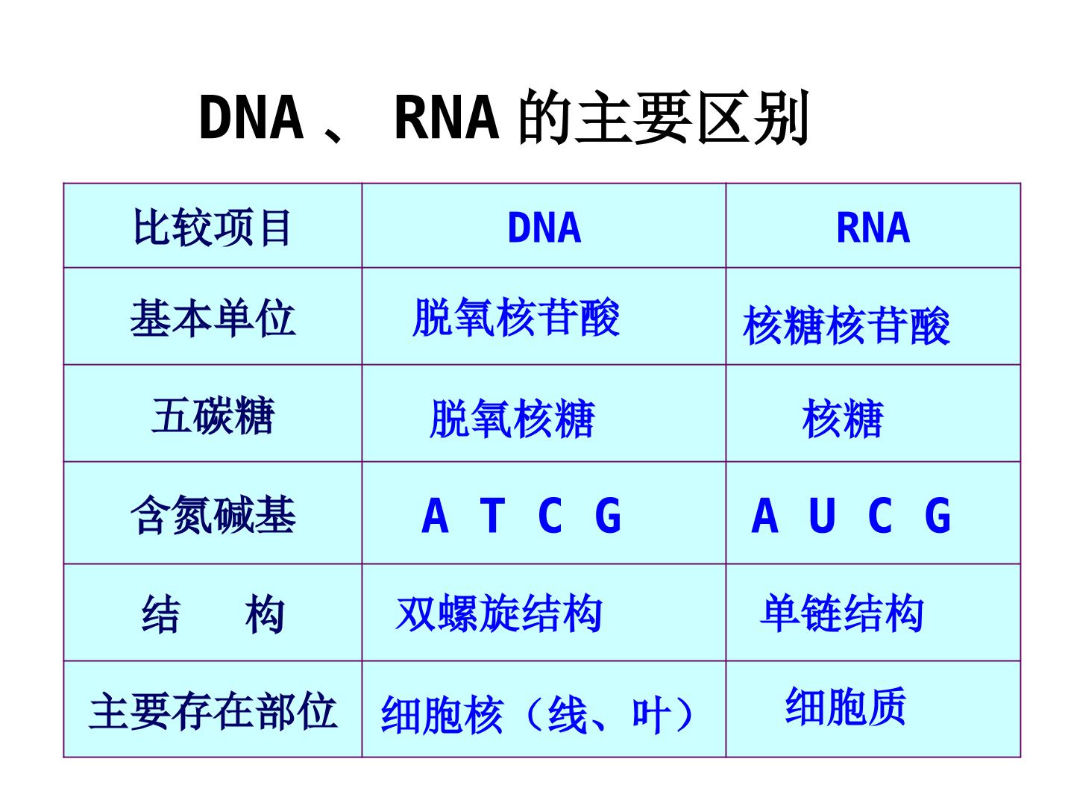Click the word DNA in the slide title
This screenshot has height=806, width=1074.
point(251,117)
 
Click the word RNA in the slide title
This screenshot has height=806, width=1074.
point(446,117)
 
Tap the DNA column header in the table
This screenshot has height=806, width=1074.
point(544,228)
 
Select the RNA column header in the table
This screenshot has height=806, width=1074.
point(873,228)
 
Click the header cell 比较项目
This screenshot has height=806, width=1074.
point(213,228)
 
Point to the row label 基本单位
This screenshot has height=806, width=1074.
point(213,318)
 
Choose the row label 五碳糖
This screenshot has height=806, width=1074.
point(213,416)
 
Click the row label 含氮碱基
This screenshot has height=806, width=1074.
point(213,514)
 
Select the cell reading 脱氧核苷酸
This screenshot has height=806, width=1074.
point(515,317)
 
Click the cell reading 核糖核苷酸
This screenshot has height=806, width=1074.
point(846,325)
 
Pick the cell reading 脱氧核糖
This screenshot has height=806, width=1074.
point(512,419)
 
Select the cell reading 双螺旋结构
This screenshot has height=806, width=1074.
point(499,613)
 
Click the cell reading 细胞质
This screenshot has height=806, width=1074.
point(846,705)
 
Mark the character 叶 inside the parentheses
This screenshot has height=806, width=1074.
point(651,715)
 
